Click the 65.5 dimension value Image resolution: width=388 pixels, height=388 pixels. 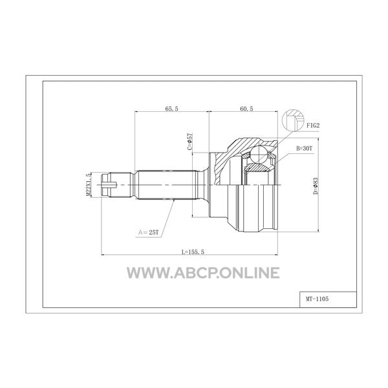[171, 109]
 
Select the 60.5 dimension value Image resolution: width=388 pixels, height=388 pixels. [246, 109]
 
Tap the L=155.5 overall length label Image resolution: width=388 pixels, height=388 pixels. [193, 252]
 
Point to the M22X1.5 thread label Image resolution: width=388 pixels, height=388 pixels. [89, 184]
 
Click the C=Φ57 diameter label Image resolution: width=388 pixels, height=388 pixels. [189, 142]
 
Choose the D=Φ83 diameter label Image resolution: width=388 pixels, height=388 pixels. [316, 186]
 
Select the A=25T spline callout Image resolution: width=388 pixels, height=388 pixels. [149, 232]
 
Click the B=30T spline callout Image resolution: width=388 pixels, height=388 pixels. [305, 149]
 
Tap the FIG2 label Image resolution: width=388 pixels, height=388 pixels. [313, 125]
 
